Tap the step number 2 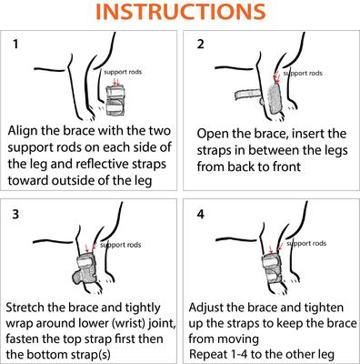tap(202, 45)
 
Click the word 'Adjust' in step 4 tap(218, 305)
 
